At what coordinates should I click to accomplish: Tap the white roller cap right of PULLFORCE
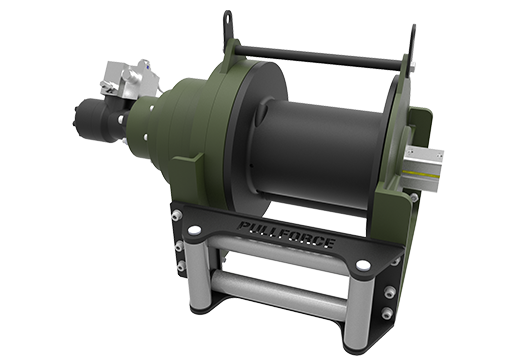(x=362, y=265)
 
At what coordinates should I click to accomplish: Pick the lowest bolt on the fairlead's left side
(x=179, y=268)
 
